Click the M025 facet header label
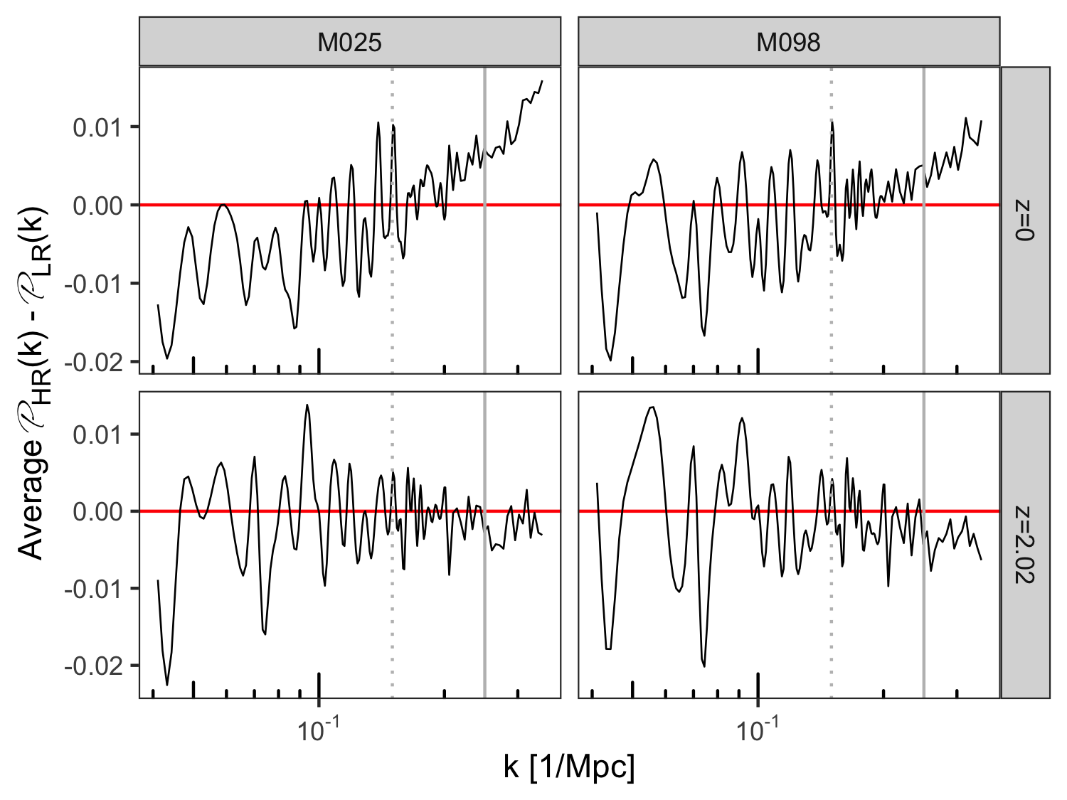click(349, 43)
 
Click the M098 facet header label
click(788, 43)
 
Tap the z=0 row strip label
click(1025, 220)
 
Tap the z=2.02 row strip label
click(1025, 545)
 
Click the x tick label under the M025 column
click(318, 730)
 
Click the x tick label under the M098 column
click(758, 730)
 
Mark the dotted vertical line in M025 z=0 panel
click(392, 220)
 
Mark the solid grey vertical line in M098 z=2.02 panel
click(923, 545)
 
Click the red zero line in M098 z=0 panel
click(789, 205)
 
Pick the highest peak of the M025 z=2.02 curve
click(307, 405)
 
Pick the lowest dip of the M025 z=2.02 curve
click(167, 684)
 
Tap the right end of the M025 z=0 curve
click(542, 80)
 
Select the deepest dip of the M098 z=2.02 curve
click(704, 666)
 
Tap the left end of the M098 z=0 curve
click(597, 213)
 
